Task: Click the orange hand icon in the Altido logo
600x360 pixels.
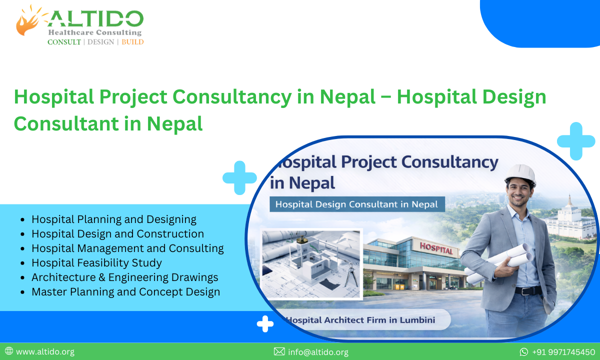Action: coord(29,22)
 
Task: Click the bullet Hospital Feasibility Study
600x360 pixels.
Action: coord(96,262)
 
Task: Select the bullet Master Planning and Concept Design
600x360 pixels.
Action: coord(125,291)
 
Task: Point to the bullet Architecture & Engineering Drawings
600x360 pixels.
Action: coord(124,277)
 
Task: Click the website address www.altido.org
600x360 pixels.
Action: coord(45,351)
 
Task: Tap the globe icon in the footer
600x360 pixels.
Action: coord(9,351)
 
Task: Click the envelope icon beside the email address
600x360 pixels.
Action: coord(279,351)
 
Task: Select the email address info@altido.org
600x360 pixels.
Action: coord(318,352)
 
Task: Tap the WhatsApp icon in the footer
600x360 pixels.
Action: coord(524,352)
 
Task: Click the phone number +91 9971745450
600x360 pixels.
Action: coord(563,352)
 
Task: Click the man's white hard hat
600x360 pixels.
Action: coord(519,174)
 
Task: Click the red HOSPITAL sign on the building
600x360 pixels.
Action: coord(436,248)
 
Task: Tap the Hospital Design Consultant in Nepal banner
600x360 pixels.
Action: coord(356,204)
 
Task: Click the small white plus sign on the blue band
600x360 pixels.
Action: coord(265,324)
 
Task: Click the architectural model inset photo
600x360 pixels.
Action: coord(310,260)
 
